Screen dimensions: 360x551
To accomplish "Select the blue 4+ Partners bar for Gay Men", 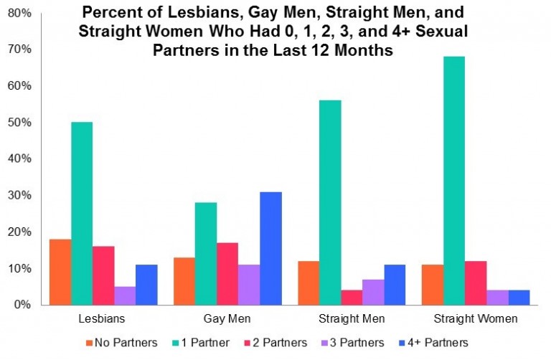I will pyautogui.click(x=270, y=248).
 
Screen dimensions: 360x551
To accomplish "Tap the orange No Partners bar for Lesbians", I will pyautogui.click(x=60, y=272).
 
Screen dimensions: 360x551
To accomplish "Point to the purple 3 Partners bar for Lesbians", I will pyautogui.click(x=125, y=295).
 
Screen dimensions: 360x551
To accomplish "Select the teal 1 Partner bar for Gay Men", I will pyautogui.click(x=206, y=253).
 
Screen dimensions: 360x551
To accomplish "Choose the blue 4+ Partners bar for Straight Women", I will pyautogui.click(x=518, y=297).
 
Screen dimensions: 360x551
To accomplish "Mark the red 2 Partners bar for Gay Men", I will pyautogui.click(x=227, y=273).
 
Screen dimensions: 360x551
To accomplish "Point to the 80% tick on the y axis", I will pyautogui.click(x=21, y=12).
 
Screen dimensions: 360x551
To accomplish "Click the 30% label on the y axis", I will pyautogui.click(x=21, y=195).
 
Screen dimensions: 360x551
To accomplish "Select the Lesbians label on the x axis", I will pyautogui.click(x=103, y=318).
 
